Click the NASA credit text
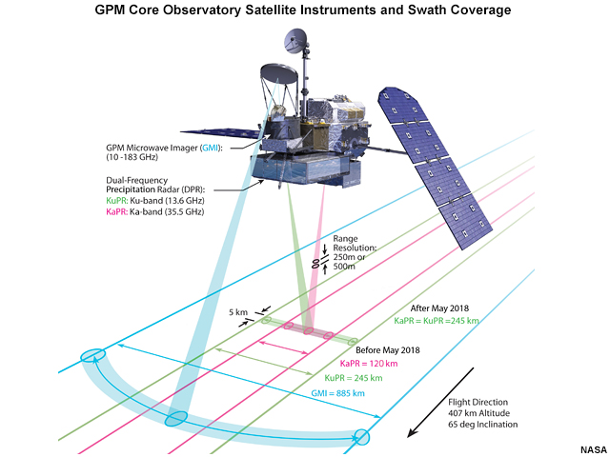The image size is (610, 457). point(594,450)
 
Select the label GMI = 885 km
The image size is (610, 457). point(337,393)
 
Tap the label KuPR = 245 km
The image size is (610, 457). point(354,378)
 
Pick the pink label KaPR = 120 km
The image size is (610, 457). point(369,364)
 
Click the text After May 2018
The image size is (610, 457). point(439,308)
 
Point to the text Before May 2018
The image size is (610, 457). point(388,350)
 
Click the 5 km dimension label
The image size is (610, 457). point(238,312)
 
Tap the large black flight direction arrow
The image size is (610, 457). point(440,402)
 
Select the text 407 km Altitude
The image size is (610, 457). point(478,413)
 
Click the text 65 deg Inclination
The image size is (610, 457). point(483,425)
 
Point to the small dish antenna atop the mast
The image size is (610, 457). point(295,40)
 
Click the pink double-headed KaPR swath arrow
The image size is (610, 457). point(284,348)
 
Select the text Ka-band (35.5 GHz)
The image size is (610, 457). point(167,211)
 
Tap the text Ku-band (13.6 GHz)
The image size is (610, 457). point(167,201)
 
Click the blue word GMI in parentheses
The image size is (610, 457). point(210,149)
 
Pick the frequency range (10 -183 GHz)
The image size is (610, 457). point(132,157)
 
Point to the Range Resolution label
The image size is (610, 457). point(354,252)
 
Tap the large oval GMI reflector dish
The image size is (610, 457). point(279,74)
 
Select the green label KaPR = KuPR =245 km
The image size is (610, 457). point(437,321)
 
